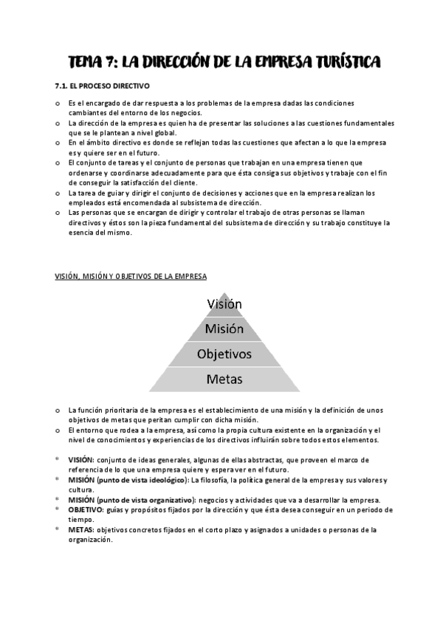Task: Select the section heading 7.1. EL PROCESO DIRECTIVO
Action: (103, 86)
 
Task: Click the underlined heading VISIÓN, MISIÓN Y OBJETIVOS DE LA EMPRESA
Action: (131, 276)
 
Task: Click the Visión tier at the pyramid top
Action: (224, 303)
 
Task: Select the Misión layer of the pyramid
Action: (224, 329)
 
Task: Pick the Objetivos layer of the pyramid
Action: (224, 354)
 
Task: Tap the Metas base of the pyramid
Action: (224, 379)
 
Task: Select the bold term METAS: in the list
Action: (82, 529)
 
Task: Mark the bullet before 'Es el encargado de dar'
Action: (58, 103)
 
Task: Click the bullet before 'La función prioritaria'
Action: (58, 410)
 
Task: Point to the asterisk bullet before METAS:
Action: (58, 530)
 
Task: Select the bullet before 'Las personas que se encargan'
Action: (58, 213)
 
